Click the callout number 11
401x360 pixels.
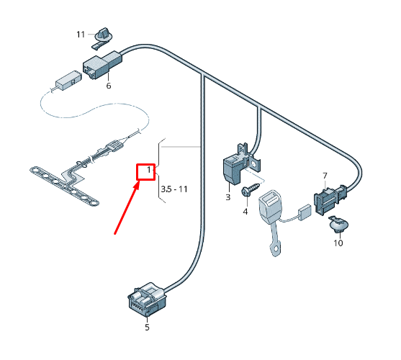click(81, 34)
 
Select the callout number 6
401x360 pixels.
click(109, 86)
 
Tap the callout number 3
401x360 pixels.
click(227, 197)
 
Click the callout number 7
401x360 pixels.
click(325, 176)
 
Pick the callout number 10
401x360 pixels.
click(338, 243)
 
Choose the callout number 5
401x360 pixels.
click(147, 327)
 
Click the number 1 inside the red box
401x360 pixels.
click(148, 171)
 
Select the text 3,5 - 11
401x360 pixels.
click(174, 189)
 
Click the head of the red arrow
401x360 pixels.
click(140, 183)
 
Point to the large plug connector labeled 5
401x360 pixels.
click(148, 299)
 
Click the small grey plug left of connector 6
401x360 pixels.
click(68, 78)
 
